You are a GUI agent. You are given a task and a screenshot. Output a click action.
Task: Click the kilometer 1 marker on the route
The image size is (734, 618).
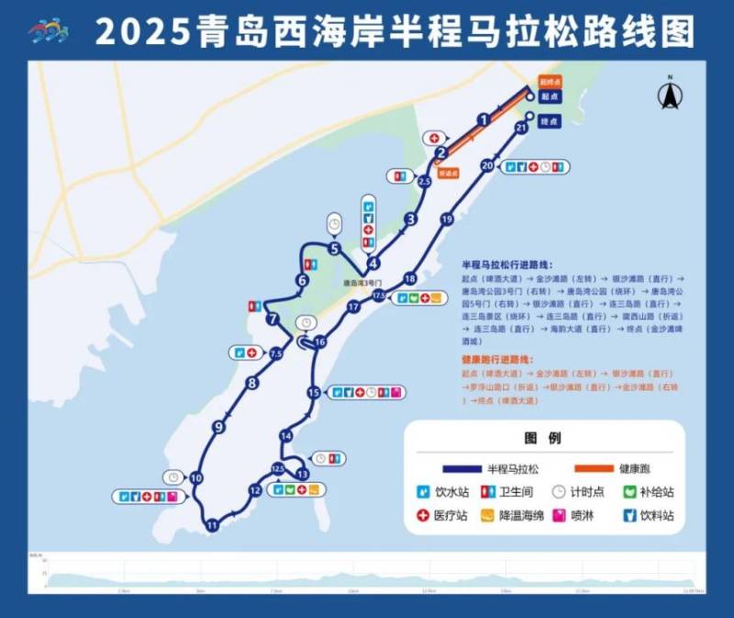click(x=483, y=118)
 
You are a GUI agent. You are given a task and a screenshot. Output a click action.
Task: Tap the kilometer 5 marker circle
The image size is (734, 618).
click(x=334, y=248)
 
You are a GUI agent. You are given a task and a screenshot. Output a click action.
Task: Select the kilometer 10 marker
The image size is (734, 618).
click(x=196, y=478)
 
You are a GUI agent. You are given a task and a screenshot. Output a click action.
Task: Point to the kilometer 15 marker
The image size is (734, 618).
click(x=314, y=392)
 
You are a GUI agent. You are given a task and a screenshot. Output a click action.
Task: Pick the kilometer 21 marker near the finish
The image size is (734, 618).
click(x=521, y=129)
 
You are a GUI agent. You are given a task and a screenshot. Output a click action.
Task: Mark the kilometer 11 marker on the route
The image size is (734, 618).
click(x=212, y=525)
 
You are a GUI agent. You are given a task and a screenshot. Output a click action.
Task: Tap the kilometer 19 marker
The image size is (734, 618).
click(x=447, y=219)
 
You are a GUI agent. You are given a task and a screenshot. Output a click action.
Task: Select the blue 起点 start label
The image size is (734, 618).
click(x=550, y=96)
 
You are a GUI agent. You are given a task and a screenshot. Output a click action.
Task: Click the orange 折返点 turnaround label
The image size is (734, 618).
click(x=448, y=172)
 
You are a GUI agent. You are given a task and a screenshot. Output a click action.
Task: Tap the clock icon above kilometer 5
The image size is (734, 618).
click(x=334, y=223)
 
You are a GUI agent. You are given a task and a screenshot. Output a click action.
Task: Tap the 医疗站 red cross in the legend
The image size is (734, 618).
click(x=424, y=516)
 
